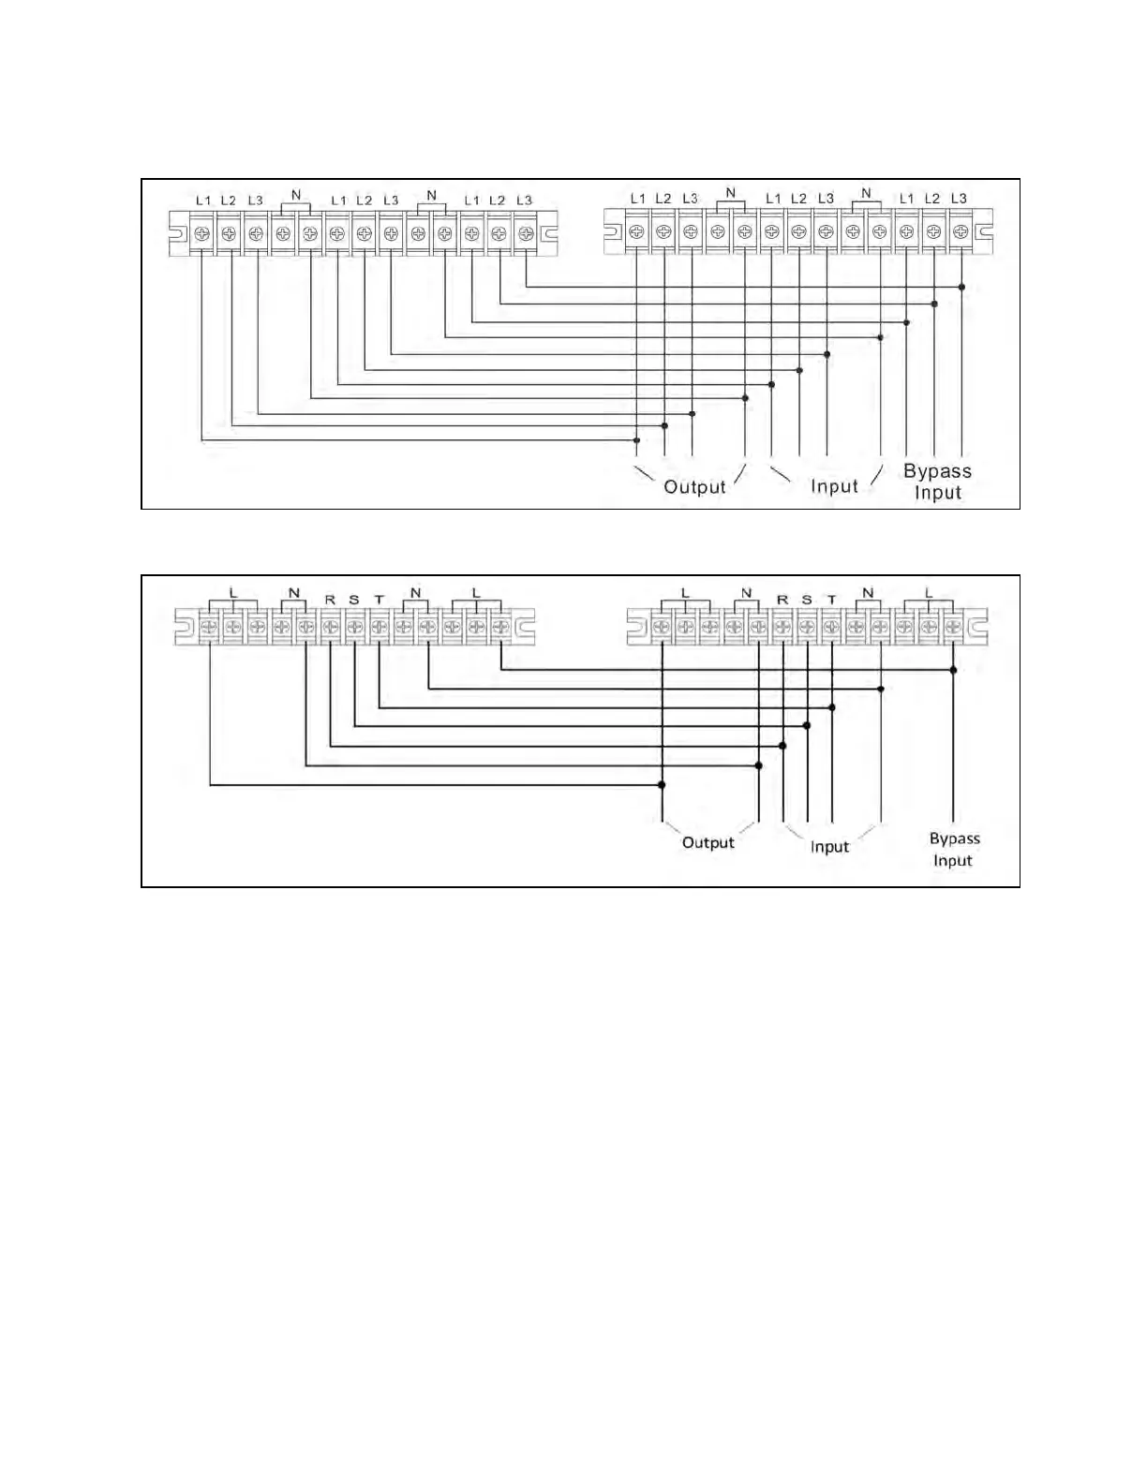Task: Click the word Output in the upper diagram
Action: pyautogui.click(x=694, y=487)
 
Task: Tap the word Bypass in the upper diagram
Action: pyautogui.click(x=937, y=471)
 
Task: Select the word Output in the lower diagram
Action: pyautogui.click(x=708, y=843)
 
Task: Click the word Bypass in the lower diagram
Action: pyautogui.click(x=954, y=839)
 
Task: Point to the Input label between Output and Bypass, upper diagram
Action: pyautogui.click(x=834, y=486)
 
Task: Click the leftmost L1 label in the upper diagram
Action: pyautogui.click(x=203, y=200)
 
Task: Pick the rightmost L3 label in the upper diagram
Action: pyautogui.click(x=958, y=199)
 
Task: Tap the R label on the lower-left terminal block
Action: pyautogui.click(x=330, y=600)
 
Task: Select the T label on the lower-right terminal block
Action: pyautogui.click(x=831, y=600)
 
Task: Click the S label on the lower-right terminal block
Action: pyautogui.click(x=807, y=600)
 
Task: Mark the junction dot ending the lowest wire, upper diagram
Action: pyautogui.click(x=636, y=440)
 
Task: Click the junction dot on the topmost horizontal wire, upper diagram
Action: pyautogui.click(x=961, y=287)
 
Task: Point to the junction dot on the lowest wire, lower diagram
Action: pyautogui.click(x=662, y=785)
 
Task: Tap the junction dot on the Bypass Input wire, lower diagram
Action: pyautogui.click(x=953, y=670)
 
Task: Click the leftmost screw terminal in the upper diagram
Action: pyautogui.click(x=201, y=233)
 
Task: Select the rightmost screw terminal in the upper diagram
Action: pyautogui.click(x=960, y=232)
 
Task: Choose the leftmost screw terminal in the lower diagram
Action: pyautogui.click(x=209, y=626)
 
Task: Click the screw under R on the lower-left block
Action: pyautogui.click(x=330, y=626)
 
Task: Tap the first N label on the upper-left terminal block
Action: pyautogui.click(x=296, y=195)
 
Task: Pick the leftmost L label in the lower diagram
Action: pyautogui.click(x=232, y=593)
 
